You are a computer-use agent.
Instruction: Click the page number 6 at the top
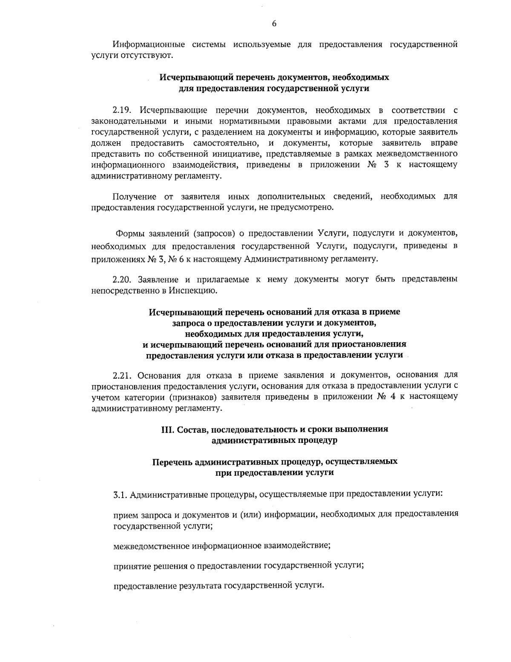(274, 24)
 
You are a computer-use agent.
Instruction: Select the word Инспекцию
(195, 291)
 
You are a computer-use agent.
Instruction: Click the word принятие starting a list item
(131, 566)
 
